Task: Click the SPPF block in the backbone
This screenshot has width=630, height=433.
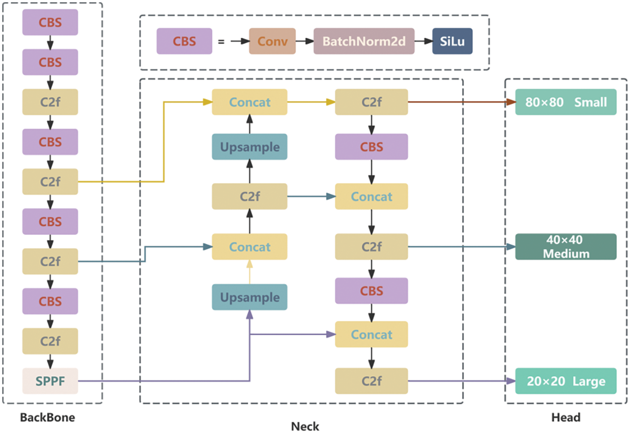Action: (50, 381)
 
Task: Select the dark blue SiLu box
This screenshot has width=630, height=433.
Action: (452, 41)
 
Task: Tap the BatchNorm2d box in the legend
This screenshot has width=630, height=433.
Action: (364, 41)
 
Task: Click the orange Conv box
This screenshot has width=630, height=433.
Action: (272, 41)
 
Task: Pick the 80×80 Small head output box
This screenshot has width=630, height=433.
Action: (566, 102)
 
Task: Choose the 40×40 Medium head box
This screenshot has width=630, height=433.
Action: (566, 247)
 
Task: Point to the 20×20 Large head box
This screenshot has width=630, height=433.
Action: (566, 381)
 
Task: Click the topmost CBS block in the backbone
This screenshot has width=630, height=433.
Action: (50, 22)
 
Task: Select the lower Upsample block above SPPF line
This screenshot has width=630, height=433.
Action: (249, 297)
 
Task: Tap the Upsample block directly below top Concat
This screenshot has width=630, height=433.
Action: (249, 147)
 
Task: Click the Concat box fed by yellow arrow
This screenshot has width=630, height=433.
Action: (249, 102)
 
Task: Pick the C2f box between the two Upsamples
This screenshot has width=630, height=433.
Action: (249, 196)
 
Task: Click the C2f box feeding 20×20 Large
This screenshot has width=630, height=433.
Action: (371, 381)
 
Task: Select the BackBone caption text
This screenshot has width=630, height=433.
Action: (47, 417)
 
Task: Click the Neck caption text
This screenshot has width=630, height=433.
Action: (305, 426)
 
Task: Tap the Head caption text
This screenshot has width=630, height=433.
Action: (566, 417)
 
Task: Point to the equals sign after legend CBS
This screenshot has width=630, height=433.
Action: (221, 42)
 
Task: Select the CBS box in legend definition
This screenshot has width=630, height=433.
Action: (184, 41)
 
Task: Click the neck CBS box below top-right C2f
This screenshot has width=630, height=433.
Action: (371, 147)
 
